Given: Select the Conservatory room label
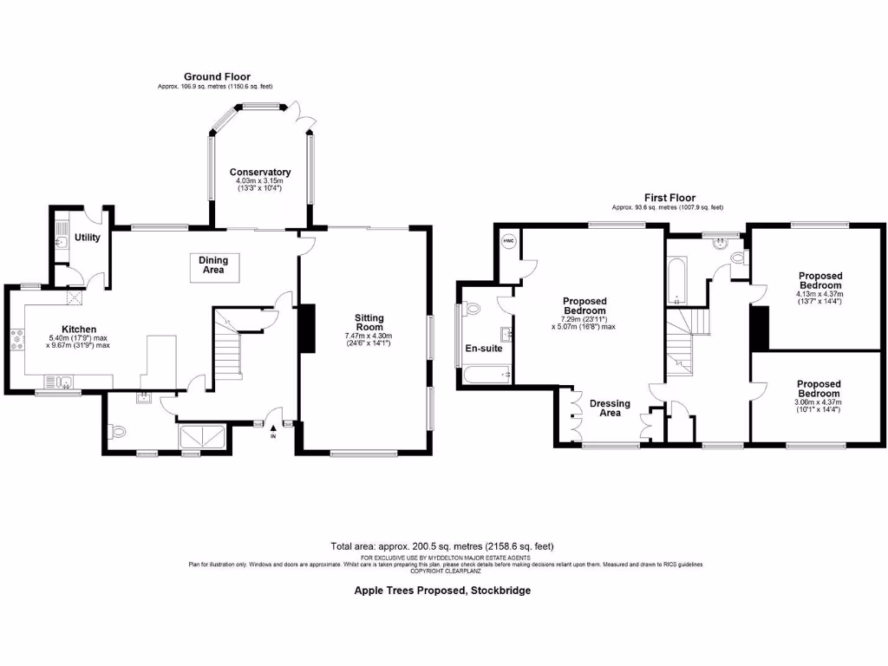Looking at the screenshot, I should [260, 173].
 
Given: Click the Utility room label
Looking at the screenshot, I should [88, 238].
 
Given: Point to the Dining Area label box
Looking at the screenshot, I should [213, 264].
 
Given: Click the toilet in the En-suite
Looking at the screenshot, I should [472, 309].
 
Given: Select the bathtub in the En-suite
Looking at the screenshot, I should [486, 375].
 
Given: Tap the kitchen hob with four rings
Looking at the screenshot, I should [17, 339].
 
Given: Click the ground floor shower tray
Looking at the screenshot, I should [202, 436].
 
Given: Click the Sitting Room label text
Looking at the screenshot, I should [369, 323].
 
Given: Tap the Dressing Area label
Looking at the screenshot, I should [610, 408].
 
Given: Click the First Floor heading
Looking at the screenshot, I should [669, 198].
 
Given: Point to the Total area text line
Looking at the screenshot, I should [441, 546].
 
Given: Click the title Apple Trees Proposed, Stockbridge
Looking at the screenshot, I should [442, 590].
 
